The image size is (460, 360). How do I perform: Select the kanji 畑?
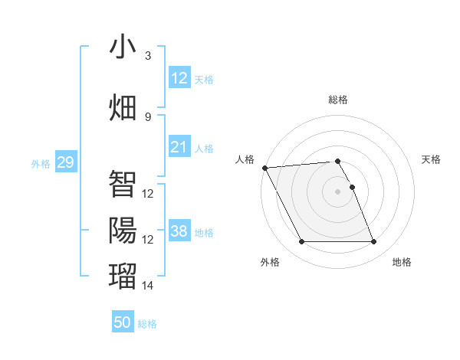(123, 106)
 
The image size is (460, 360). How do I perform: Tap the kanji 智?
(123, 183)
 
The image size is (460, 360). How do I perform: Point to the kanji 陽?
(123, 229)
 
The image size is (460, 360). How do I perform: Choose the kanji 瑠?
(123, 275)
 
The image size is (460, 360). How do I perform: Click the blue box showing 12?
(179, 78)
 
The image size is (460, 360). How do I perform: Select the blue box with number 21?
(179, 147)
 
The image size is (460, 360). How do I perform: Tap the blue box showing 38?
(179, 231)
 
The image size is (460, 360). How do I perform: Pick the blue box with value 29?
(65, 162)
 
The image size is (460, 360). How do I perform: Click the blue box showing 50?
(123, 322)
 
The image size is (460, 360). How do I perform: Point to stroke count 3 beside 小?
(148, 56)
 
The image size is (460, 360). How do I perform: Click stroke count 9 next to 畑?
(148, 116)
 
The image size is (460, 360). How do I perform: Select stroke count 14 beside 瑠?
(148, 286)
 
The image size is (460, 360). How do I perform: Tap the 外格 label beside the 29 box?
(41, 163)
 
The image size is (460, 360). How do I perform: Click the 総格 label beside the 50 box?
(147, 324)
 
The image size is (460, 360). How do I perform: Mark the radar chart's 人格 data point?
(264, 168)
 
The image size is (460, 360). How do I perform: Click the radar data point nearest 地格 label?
(374, 242)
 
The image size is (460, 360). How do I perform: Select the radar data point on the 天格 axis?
(352, 187)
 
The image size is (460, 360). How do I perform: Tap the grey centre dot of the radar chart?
(337, 191)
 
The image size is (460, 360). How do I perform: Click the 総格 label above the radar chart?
(337, 100)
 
